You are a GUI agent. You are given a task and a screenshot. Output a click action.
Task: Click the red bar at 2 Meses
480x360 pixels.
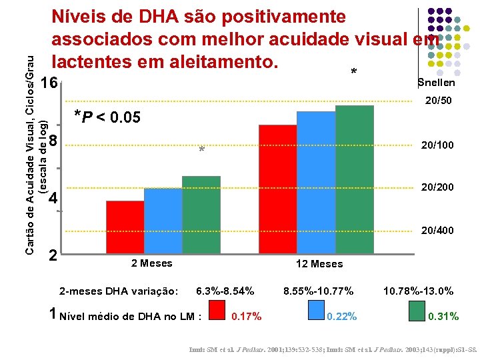coord(125,227)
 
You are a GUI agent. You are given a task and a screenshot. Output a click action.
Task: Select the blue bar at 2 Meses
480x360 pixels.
coord(163,221)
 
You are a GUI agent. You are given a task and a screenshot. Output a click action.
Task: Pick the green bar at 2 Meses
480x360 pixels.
coord(201,215)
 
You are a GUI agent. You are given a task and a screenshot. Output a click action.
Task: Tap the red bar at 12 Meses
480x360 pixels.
coord(277,189)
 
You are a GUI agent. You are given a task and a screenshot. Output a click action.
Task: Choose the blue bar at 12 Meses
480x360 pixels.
coord(316,182)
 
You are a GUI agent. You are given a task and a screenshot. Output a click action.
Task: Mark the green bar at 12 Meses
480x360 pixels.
coord(355,179)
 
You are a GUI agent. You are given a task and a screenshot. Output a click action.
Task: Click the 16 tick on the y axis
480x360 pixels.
coord(48,84)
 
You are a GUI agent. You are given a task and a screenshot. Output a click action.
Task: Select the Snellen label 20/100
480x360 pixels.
coord(437,145)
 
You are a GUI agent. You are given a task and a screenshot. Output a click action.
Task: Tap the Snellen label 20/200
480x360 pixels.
coord(437,187)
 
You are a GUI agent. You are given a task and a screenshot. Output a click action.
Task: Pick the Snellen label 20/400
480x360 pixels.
coord(437,231)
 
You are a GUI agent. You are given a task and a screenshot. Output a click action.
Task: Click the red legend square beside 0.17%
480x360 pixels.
coord(217,311)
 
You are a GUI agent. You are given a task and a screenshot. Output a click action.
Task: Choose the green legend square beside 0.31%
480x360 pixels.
coord(417,311)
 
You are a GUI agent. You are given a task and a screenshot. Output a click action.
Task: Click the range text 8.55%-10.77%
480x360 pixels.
coord(318,291)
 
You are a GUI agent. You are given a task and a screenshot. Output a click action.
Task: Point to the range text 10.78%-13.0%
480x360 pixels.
coord(418,291)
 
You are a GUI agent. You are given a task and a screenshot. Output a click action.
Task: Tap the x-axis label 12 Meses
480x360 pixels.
coord(319,264)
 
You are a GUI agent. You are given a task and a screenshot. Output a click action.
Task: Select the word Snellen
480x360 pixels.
coord(436,83)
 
